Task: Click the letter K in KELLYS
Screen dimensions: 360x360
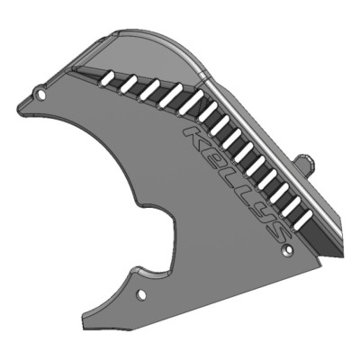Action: [196, 139]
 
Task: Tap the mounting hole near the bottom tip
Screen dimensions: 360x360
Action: [140, 294]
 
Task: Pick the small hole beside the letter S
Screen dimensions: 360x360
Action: [287, 249]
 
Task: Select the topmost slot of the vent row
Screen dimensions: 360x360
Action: [110, 79]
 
